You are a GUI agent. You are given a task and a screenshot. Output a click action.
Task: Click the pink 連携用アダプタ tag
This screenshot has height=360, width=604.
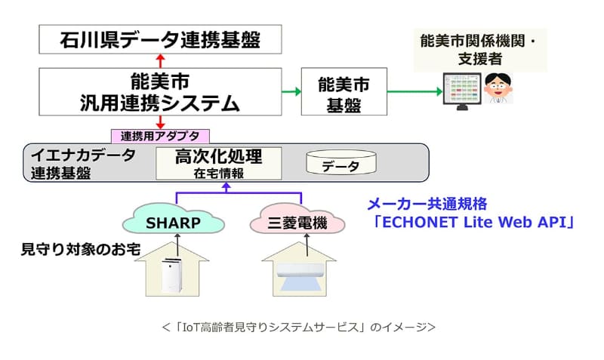pos(160,136)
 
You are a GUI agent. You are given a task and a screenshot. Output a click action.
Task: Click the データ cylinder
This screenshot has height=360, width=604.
pos(341,164)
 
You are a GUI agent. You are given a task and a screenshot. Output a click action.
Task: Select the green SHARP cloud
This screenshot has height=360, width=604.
pos(174,222)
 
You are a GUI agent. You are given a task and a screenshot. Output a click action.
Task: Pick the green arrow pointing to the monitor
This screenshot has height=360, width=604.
pos(408,91)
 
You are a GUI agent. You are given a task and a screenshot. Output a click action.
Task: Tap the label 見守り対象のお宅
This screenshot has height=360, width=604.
pos(80,248)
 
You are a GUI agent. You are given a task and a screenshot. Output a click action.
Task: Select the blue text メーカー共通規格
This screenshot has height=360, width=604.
pos(427,204)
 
